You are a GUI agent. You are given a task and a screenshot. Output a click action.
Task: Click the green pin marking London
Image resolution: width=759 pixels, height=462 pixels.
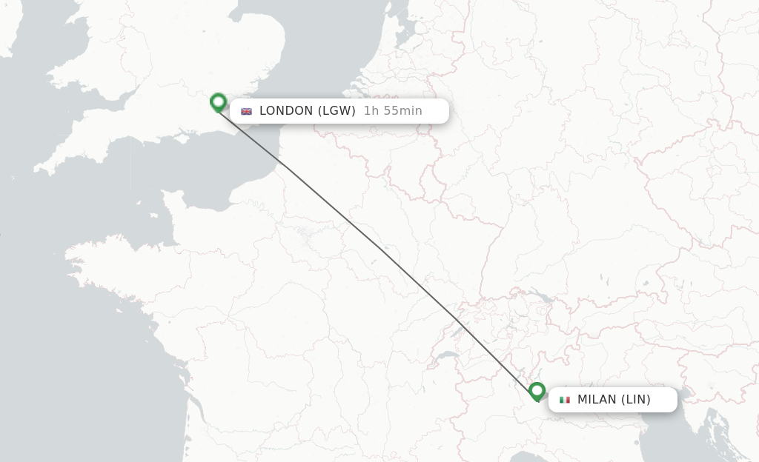coord(218,102)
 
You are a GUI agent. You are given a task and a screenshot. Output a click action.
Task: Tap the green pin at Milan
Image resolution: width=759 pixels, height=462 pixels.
coord(537,391)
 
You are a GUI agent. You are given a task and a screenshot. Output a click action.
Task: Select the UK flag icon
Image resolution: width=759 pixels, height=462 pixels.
coord(246,112)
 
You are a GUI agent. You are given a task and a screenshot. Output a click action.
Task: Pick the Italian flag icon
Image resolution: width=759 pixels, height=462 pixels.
coord(565,400)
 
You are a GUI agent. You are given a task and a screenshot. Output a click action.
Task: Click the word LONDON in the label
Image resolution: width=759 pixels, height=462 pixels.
coord(286,111)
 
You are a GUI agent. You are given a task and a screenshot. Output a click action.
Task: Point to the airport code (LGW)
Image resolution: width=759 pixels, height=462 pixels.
coord(337,111)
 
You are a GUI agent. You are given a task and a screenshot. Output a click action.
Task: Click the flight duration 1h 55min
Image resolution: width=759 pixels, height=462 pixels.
coord(393,111)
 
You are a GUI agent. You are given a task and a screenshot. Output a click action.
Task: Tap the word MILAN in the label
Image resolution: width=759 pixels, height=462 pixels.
coord(597,400)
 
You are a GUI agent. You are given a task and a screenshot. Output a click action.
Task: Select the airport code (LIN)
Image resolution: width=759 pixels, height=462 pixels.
coord(636,400)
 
